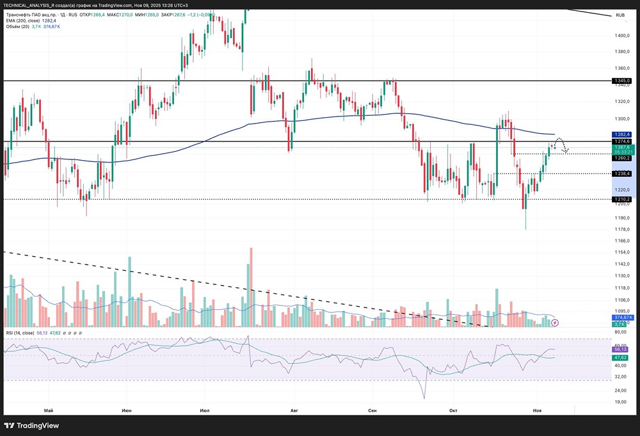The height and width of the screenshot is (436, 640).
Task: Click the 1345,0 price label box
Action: (x=621, y=81)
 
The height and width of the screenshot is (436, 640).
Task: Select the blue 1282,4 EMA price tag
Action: (x=621, y=134)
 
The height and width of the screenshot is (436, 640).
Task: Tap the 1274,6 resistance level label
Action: (x=621, y=141)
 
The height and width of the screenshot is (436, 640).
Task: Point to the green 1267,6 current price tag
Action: (x=621, y=147)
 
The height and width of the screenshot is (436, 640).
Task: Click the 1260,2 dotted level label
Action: (x=621, y=158)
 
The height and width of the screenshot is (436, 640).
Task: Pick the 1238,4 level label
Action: (x=621, y=174)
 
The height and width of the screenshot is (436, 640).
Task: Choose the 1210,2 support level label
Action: (x=621, y=199)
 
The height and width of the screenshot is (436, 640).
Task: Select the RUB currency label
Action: (x=620, y=15)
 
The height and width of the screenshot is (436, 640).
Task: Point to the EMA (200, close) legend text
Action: (x=26, y=20)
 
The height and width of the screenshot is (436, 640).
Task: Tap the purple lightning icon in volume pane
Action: (x=555, y=323)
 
